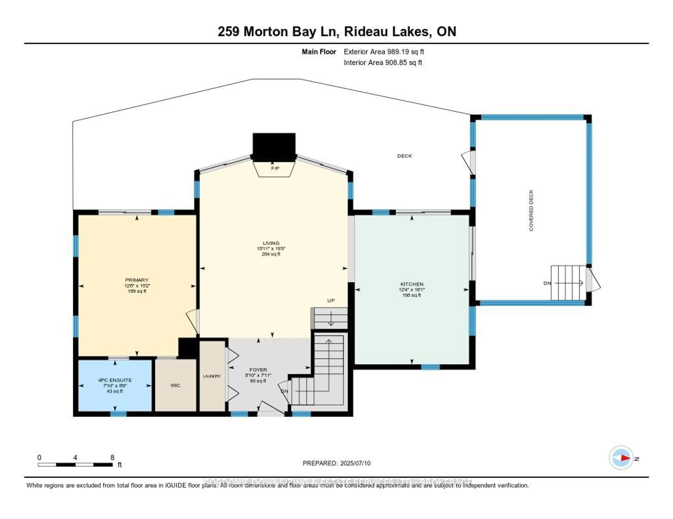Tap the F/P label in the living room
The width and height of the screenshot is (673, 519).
(x=275, y=168)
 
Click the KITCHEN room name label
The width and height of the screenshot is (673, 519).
(x=412, y=284)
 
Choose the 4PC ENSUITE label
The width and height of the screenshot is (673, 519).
(x=115, y=380)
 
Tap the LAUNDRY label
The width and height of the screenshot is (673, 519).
(x=212, y=376)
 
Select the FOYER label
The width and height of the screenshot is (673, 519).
(x=258, y=370)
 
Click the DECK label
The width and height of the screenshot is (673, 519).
(x=404, y=156)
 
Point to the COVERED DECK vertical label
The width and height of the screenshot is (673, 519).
(x=531, y=211)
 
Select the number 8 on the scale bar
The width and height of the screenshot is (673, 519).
(x=113, y=457)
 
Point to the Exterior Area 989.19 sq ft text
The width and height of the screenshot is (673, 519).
(x=384, y=52)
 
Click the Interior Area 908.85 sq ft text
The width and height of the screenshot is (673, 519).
(x=383, y=62)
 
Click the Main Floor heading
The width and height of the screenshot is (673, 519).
(x=319, y=52)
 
